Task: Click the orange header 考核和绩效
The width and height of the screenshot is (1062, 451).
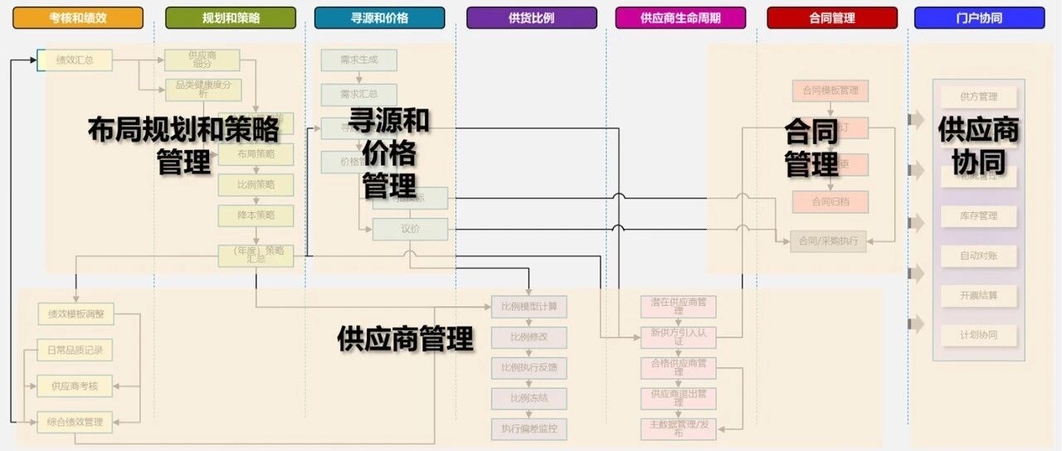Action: pos(78,17)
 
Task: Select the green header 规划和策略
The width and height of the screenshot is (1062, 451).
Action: pos(230,17)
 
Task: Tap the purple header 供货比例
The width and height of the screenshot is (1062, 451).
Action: pos(531,17)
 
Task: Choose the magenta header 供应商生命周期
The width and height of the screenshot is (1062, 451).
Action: pos(680,17)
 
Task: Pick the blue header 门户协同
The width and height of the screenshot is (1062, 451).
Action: pos(979,17)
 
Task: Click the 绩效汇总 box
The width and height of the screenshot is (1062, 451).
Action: pos(75,60)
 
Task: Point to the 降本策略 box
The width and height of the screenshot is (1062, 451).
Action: pos(256,216)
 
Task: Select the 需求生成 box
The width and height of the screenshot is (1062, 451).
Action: pos(358,60)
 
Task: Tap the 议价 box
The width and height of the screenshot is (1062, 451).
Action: pos(410,229)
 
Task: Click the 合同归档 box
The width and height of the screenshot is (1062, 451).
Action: pos(830,201)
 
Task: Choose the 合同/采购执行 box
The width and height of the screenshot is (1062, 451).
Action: pos(828,241)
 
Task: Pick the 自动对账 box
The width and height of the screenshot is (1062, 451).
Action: pos(978,255)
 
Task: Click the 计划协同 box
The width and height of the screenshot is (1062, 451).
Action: pos(978,335)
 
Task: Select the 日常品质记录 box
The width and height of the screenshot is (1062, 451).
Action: pos(75,350)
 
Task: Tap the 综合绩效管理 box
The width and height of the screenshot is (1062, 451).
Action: pos(75,422)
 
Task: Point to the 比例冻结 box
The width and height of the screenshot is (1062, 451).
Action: pos(529,398)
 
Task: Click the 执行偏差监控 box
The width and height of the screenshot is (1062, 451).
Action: pos(529,429)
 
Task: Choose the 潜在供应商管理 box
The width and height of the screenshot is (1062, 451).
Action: pos(678,306)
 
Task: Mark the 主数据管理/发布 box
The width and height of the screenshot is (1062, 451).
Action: pos(678,429)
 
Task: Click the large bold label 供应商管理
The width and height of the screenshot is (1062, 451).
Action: pos(405,338)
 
